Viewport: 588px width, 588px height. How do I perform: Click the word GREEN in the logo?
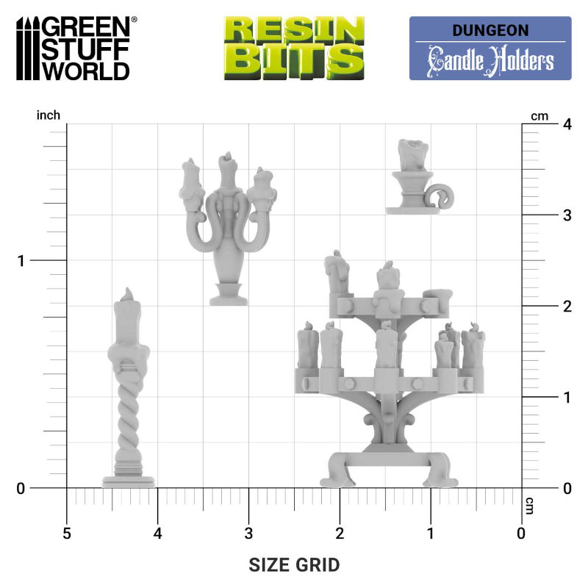coord(86,27)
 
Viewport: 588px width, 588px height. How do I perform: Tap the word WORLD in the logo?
coord(86,70)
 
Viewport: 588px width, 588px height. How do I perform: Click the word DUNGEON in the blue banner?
coord(490,30)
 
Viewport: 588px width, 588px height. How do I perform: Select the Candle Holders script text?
coord(490,61)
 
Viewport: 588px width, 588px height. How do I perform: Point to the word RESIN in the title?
coord(295,30)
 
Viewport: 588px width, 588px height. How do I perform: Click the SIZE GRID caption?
coord(294,564)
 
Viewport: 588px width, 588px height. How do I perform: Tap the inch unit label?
coord(49,115)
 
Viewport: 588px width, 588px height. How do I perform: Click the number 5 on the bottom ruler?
coord(67,534)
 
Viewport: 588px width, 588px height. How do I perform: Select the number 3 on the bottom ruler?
coord(248,534)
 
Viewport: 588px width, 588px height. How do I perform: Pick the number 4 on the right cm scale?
coord(567,124)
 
